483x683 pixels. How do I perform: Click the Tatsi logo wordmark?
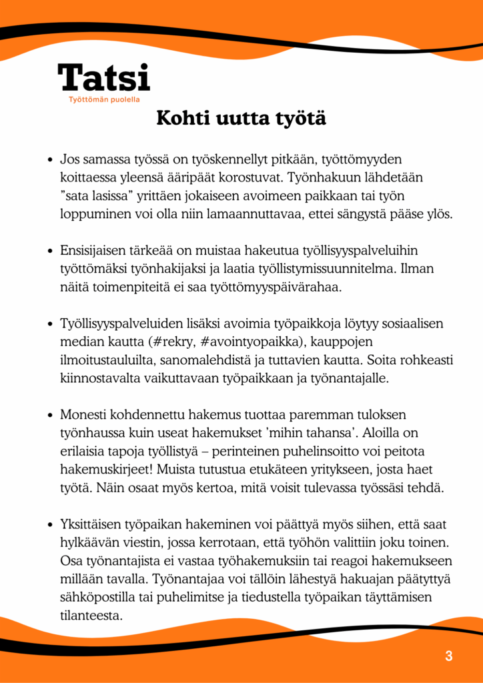tap(104, 78)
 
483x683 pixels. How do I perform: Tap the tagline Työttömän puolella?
tap(103, 100)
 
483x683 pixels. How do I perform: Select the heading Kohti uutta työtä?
tap(241, 119)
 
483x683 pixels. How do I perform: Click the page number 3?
tap(449, 656)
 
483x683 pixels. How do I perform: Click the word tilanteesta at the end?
tap(91, 616)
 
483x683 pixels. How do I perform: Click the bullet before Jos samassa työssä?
tap(50, 161)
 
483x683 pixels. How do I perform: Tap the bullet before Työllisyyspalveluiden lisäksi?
tap(50, 324)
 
